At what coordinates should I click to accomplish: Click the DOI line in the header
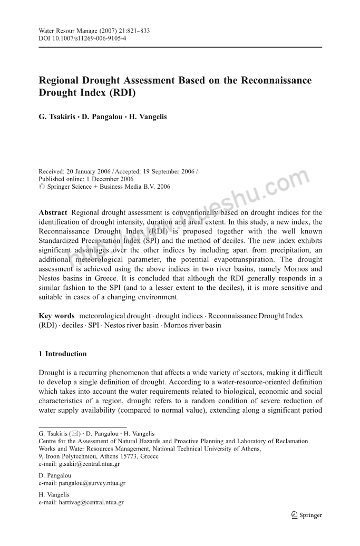click(x=82, y=38)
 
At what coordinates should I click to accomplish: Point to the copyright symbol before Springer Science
click(x=42, y=187)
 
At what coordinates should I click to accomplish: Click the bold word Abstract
click(x=53, y=212)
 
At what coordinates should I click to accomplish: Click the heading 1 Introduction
click(x=63, y=354)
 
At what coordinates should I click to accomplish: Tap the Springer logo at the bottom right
click(x=306, y=515)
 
